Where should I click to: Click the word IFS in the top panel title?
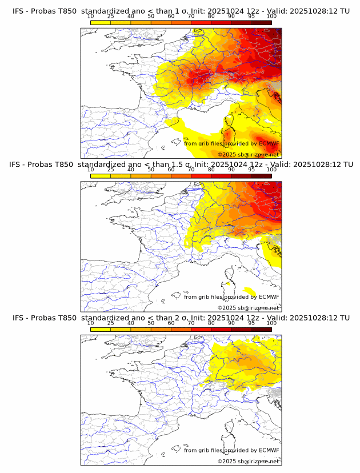[x=18, y=10]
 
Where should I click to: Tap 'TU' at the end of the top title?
[x=345, y=10]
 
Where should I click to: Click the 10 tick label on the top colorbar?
[x=91, y=16]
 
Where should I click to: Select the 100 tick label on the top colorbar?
[x=271, y=16]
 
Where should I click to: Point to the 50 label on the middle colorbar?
[x=151, y=170]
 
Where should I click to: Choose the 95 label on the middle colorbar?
[x=251, y=170]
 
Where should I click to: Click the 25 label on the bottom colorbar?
[x=111, y=323]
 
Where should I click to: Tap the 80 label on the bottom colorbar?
[x=211, y=323]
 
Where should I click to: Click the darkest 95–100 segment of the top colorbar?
[x=262, y=22]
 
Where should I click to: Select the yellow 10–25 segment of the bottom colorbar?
[x=101, y=330]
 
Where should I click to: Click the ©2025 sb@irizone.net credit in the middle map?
[x=248, y=308]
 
